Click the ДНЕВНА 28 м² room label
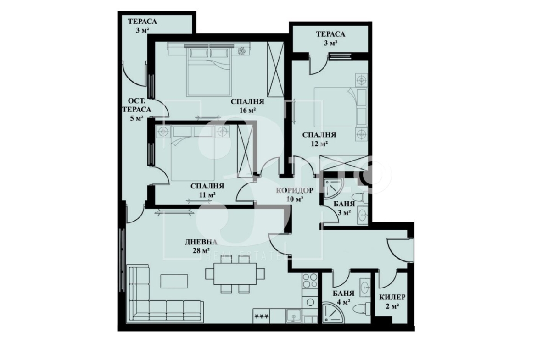point(201,246)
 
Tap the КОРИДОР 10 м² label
point(295,195)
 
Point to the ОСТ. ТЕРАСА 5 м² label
point(139,110)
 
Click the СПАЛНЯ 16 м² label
point(247,106)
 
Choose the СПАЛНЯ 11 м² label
point(207,190)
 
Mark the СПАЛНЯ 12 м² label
point(319,139)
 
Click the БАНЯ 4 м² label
point(343,298)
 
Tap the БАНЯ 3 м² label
point(344,208)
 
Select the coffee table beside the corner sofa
point(174,281)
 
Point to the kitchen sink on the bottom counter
point(293,316)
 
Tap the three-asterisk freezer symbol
point(262,316)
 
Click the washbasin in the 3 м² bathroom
point(362,215)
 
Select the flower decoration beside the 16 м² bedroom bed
point(242,51)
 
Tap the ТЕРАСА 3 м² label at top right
point(330,39)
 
